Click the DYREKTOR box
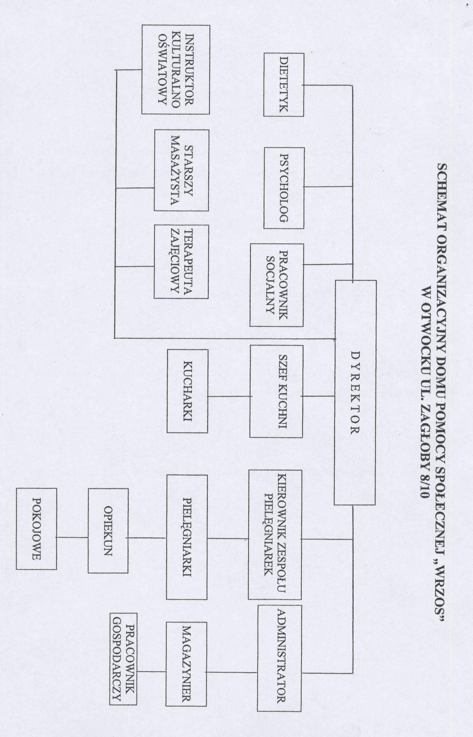(x=355, y=393)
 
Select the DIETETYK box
(x=284, y=85)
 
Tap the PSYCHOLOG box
(x=284, y=188)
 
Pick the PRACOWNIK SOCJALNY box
(x=277, y=285)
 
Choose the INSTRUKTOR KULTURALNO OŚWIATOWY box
(x=175, y=69)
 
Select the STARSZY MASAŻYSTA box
(x=181, y=170)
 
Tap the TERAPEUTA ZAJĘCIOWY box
(x=181, y=262)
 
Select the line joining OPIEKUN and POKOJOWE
(x=72, y=538)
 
